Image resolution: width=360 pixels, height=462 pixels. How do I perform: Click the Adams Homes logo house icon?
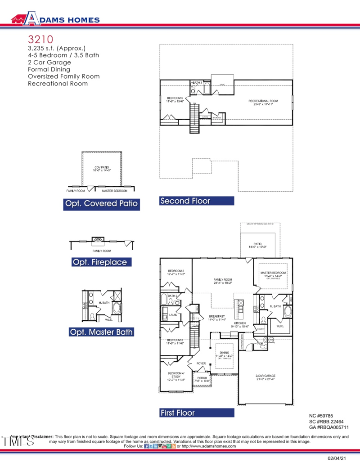tap(18, 19)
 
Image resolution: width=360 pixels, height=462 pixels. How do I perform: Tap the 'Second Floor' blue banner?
tap(197, 201)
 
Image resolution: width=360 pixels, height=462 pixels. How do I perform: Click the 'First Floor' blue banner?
tap(197, 413)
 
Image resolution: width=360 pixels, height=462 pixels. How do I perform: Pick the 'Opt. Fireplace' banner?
tap(102, 262)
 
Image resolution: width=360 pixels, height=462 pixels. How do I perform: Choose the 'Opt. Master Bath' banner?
tap(102, 332)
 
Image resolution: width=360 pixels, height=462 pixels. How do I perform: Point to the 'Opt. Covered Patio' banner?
tap(102, 204)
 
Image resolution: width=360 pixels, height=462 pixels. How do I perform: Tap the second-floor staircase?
tap(193, 118)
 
